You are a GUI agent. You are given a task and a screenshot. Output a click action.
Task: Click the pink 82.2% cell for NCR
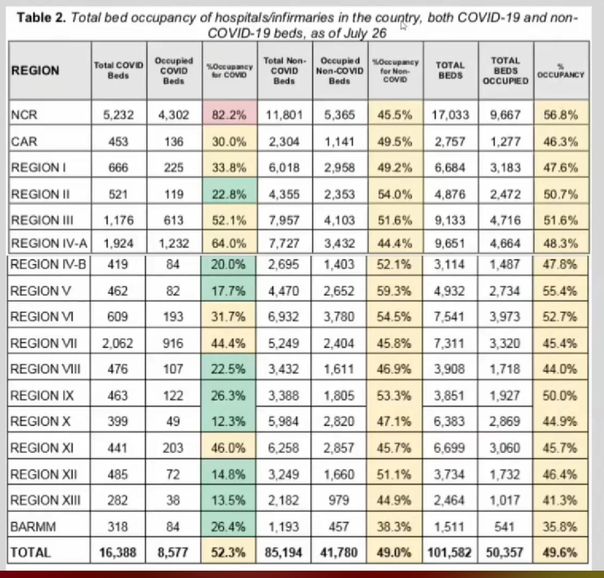pyautogui.click(x=229, y=115)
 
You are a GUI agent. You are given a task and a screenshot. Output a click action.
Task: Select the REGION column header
pyautogui.click(x=35, y=71)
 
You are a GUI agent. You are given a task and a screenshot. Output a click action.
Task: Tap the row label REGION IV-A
pyautogui.click(x=49, y=243)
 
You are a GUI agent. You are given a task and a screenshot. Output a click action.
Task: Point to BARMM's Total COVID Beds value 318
pyautogui.click(x=118, y=526)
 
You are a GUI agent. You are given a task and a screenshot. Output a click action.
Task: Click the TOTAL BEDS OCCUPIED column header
pyautogui.click(x=505, y=71)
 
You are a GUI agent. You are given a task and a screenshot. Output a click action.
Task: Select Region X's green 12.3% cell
pyautogui.click(x=228, y=422)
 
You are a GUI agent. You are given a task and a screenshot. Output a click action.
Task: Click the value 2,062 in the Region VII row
pyautogui.click(x=118, y=343)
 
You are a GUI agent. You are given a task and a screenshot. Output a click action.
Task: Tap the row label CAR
pyautogui.click(x=24, y=141)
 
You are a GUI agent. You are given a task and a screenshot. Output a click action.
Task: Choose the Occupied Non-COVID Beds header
pyautogui.click(x=340, y=71)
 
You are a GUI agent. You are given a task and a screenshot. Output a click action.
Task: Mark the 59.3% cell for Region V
pyautogui.click(x=394, y=291)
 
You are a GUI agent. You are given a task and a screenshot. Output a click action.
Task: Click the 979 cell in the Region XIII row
pyautogui.click(x=339, y=500)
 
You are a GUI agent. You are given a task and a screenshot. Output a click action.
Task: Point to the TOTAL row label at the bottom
pyautogui.click(x=30, y=552)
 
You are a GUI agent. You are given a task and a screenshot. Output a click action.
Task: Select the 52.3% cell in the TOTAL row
pyautogui.click(x=228, y=552)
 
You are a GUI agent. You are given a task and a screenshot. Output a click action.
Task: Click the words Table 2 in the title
pyautogui.click(x=41, y=18)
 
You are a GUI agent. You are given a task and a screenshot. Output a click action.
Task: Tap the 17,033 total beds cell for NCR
pyautogui.click(x=450, y=115)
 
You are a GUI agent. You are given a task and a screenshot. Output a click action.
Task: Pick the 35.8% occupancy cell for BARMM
pyautogui.click(x=560, y=526)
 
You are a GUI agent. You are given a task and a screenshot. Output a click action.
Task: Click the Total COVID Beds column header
pyautogui.click(x=119, y=70)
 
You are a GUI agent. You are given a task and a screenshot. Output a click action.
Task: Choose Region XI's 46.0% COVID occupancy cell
pyautogui.click(x=228, y=448)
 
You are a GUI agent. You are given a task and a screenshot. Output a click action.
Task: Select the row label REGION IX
pyautogui.click(x=42, y=395)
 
